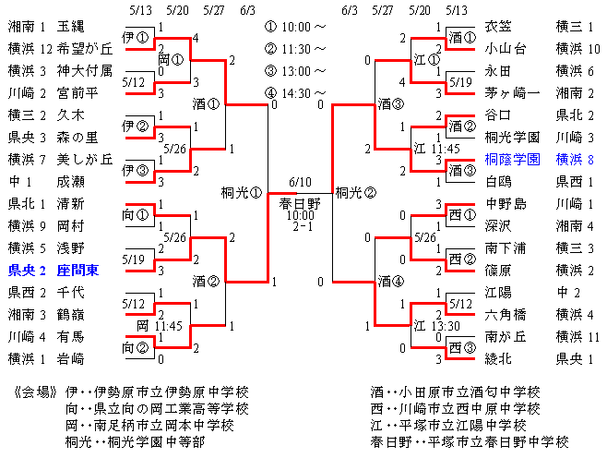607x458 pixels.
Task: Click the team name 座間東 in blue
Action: (x=77, y=270)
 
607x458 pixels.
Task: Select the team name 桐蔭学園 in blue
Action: (x=512, y=159)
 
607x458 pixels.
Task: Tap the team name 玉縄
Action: (x=70, y=27)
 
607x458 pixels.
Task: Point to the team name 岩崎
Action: (x=70, y=359)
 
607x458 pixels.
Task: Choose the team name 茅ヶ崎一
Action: (x=512, y=93)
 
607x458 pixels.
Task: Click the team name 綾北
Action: (x=498, y=359)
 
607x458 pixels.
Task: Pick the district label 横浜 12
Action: (x=30, y=49)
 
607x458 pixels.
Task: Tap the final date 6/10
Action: (x=300, y=182)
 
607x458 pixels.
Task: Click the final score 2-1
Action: (x=303, y=226)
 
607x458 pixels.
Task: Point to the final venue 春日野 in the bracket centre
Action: (x=300, y=203)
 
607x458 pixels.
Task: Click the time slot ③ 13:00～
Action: (x=295, y=71)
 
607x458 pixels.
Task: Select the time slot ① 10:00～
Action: (x=295, y=27)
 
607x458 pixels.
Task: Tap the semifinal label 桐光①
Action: (x=242, y=192)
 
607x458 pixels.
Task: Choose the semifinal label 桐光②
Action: (x=356, y=192)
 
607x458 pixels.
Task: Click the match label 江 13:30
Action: (x=436, y=325)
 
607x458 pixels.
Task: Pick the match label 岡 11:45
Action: (x=160, y=325)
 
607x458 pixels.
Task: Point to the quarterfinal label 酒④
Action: (x=391, y=281)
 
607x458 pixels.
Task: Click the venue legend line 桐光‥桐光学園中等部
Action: (x=135, y=441)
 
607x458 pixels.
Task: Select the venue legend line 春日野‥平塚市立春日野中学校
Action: (x=470, y=441)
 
